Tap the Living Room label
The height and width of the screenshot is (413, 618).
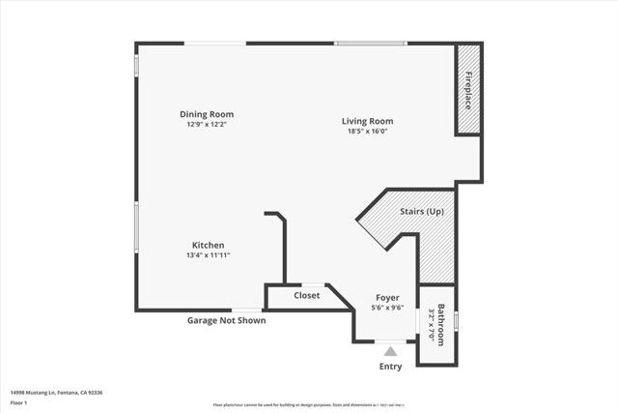coord(367,121)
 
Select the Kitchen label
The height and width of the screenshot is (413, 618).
coord(209,245)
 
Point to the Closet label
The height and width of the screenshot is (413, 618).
coord(307,295)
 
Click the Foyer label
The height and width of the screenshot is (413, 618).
coord(387,298)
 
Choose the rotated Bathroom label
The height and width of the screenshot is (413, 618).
coord(440,325)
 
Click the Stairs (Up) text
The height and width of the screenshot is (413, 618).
coord(422,210)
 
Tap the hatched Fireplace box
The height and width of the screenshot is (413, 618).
coord(468,89)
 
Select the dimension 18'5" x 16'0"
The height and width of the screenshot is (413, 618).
coord(367,131)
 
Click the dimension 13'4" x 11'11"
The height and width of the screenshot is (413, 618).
coord(209,254)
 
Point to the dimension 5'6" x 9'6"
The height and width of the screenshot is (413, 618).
coord(387,308)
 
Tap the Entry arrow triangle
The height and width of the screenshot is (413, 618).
coord(389,352)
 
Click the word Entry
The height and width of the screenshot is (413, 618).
coord(389,368)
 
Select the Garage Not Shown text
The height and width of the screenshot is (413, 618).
coord(226,320)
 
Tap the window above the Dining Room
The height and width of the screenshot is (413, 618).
coord(214,43)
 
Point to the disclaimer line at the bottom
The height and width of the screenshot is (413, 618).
coord(309,404)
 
